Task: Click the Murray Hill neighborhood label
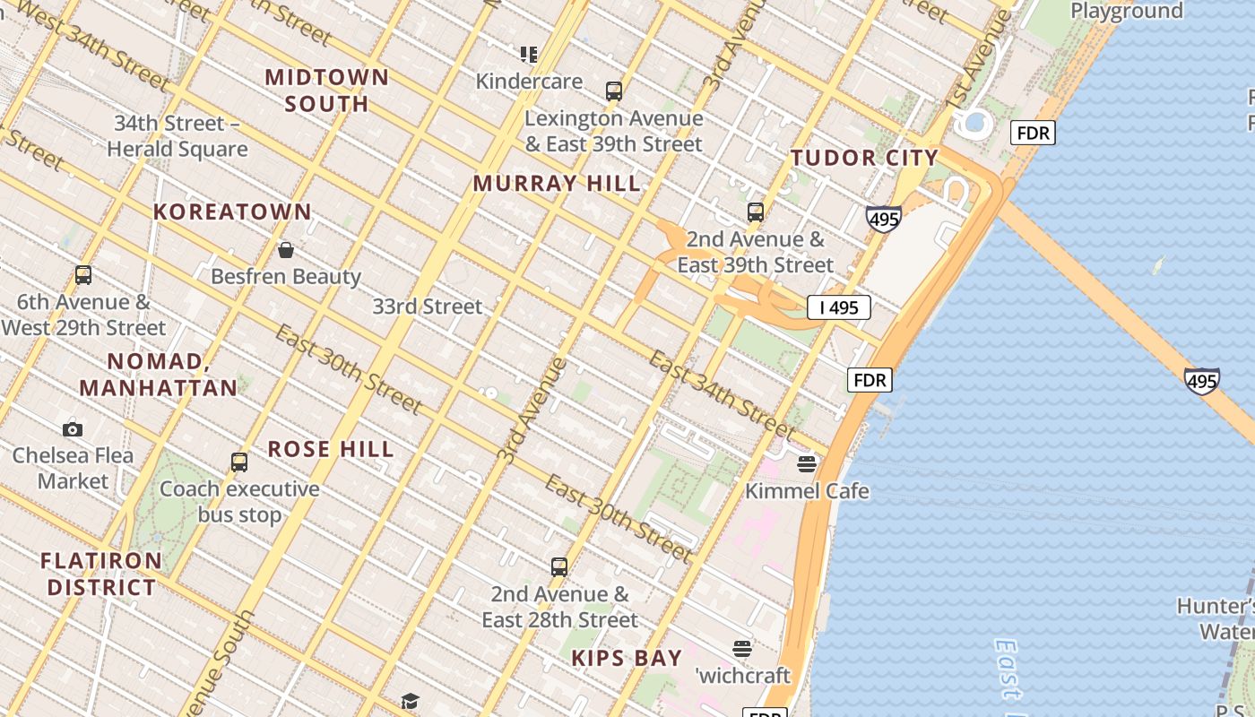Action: point(557,184)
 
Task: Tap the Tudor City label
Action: point(864,159)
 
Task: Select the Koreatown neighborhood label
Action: point(232,212)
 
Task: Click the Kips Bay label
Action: point(627,658)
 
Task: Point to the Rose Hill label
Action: point(331,449)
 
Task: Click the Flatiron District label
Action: point(101,574)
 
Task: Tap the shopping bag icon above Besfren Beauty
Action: point(286,250)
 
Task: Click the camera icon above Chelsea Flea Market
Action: point(73,429)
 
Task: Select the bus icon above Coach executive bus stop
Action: point(239,462)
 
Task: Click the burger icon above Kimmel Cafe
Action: point(807,463)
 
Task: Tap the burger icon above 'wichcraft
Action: point(741,648)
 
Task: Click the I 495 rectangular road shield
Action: point(838,307)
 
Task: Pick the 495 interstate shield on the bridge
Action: point(1201,381)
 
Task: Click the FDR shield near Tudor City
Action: point(1033,134)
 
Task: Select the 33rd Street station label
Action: point(428,307)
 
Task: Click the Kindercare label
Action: point(529,82)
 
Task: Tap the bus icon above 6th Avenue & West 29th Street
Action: point(83,275)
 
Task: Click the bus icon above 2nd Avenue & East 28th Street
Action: point(559,567)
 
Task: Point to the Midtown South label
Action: point(327,90)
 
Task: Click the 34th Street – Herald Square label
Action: point(177,136)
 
